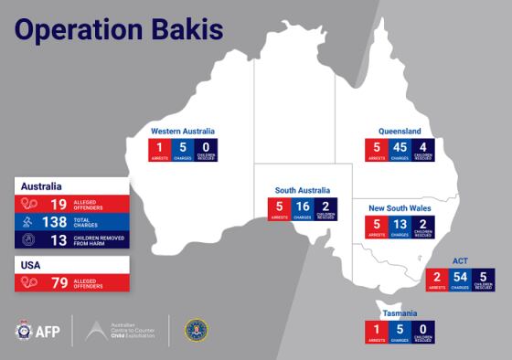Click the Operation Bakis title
pyautogui.click(x=119, y=29)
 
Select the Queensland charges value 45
pyautogui.click(x=400, y=147)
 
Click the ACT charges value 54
pyautogui.click(x=461, y=276)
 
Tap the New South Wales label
pyautogui.click(x=401, y=208)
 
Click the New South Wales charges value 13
pyautogui.click(x=400, y=225)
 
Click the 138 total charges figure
pyautogui.click(x=56, y=222)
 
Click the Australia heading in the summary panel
pyautogui.click(x=42, y=185)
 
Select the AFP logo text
pyautogui.click(x=48, y=330)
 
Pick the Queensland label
pyautogui.click(x=400, y=131)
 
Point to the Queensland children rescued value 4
pyautogui.click(x=422, y=147)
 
